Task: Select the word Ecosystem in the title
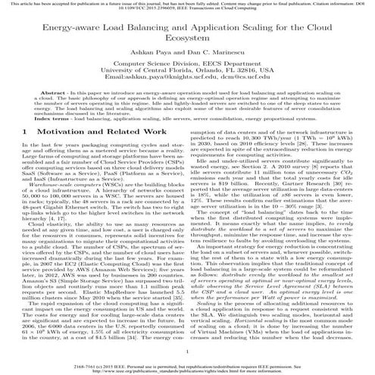click(187, 42)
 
